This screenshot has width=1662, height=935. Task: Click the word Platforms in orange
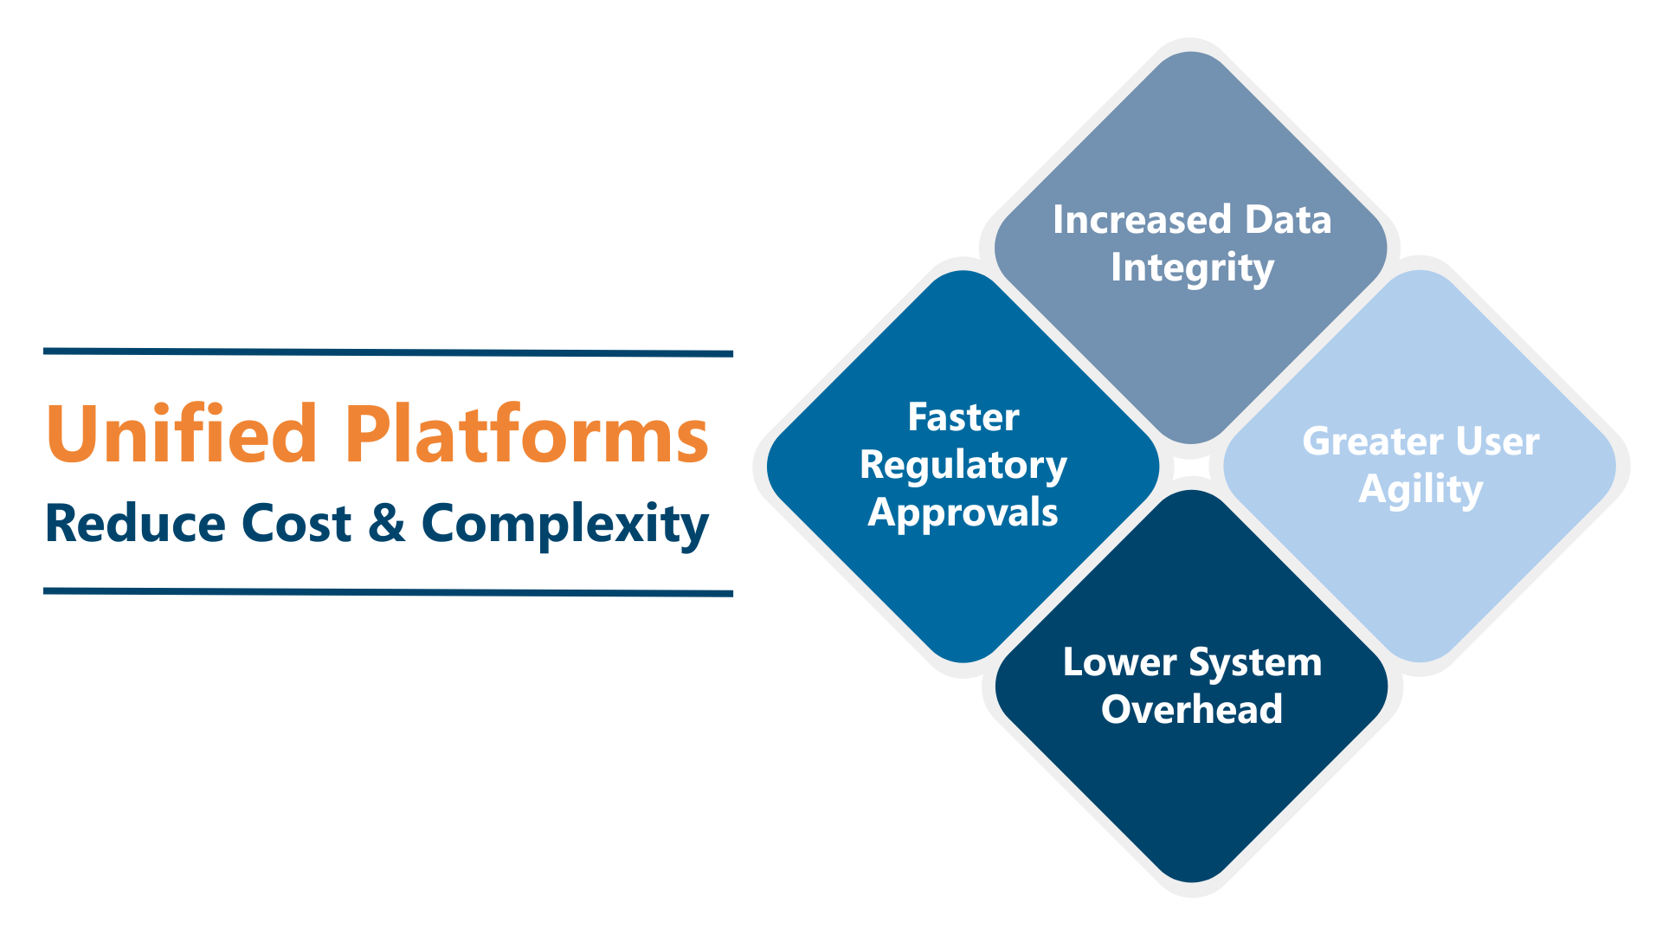[526, 435]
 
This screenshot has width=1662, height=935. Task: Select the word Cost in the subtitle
[296, 524]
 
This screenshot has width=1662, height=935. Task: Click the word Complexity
[564, 525]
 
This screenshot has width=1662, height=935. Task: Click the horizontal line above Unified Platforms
[388, 352]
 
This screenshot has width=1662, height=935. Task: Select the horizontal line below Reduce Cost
[388, 592]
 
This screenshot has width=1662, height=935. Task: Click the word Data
[1287, 220]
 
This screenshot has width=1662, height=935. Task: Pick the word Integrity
[1192, 268]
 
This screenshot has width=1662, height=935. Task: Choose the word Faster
[963, 417]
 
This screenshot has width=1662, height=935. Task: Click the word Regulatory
[963, 466]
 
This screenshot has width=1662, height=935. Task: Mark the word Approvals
[963, 513]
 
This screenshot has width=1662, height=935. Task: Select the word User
[1498, 442]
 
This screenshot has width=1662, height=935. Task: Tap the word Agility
[1420, 490]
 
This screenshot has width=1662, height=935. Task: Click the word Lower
[1119, 662]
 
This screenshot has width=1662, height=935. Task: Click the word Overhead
[1192, 710]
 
